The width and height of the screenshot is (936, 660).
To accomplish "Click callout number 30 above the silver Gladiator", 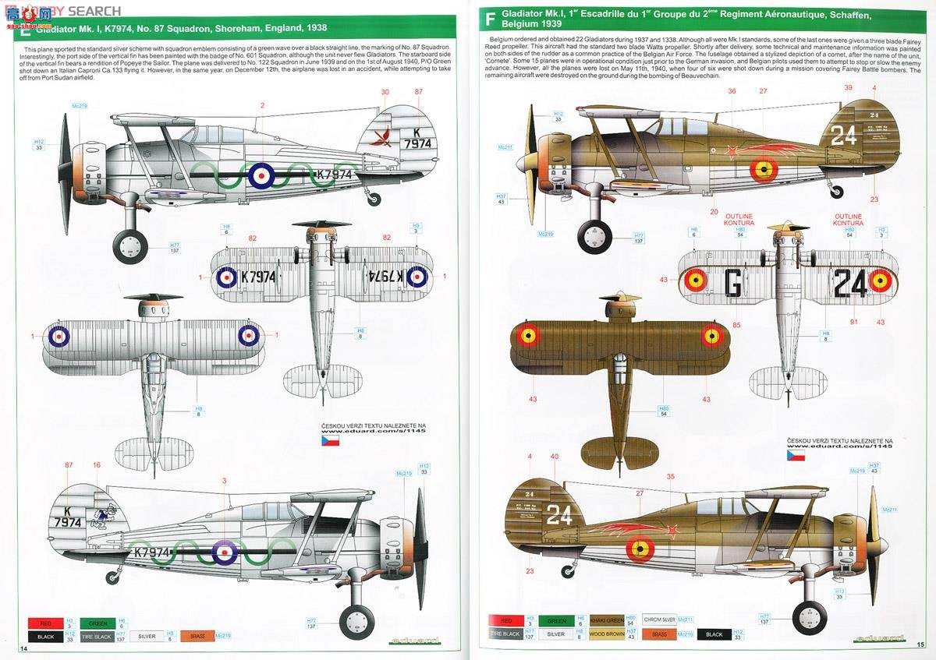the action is pos(384,92).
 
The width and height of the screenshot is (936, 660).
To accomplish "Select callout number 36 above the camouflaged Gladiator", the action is pos(732,91).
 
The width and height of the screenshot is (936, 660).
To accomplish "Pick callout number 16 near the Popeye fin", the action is pos(97,465).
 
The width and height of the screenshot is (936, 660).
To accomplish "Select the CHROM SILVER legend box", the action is pos(659,620).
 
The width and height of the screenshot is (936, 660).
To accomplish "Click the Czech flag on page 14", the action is pos(331,440).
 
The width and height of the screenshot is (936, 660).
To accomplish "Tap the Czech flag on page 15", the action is pos(796,455).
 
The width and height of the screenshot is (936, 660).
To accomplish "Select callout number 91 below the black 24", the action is pos(853,322).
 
